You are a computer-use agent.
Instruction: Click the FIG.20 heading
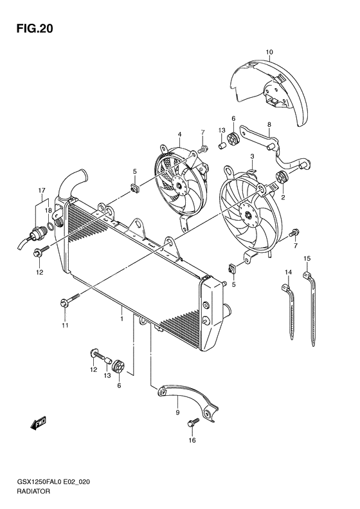tap(35, 29)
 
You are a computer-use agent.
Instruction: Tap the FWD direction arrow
tap(39, 423)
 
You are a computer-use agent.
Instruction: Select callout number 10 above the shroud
tap(269, 52)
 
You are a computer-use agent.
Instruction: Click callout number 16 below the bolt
tap(192, 440)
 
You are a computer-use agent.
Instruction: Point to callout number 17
tap(42, 190)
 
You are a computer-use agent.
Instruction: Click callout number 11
tap(65, 325)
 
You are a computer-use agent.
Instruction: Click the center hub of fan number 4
tap(179, 187)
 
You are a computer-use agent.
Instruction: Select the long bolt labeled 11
tap(70, 300)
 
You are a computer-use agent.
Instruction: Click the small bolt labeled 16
tap(192, 423)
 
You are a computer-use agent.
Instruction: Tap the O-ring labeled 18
tap(51, 226)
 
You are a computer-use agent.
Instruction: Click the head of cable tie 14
tap(285, 287)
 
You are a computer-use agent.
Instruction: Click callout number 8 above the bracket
tap(269, 124)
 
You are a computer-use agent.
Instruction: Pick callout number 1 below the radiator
tap(122, 319)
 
